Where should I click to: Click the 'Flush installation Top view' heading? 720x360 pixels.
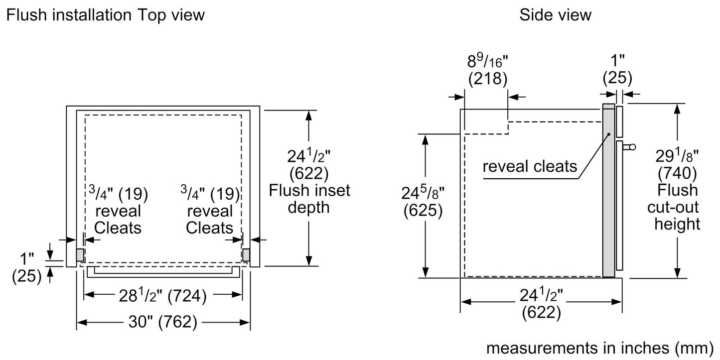click(105, 15)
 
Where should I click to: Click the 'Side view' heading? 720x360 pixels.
click(555, 15)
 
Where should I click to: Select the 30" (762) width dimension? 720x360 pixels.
click(163, 323)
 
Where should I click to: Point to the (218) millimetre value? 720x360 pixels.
click(487, 79)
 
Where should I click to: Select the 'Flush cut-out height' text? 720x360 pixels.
click(677, 207)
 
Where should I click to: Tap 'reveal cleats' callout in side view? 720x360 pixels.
click(530, 166)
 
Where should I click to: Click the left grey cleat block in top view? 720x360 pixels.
click(80, 254)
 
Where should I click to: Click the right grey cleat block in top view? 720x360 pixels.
click(246, 254)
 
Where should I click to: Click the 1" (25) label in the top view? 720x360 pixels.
click(27, 268)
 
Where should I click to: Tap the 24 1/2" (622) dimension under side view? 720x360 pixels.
click(541, 304)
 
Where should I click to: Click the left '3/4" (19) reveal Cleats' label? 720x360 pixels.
click(118, 210)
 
